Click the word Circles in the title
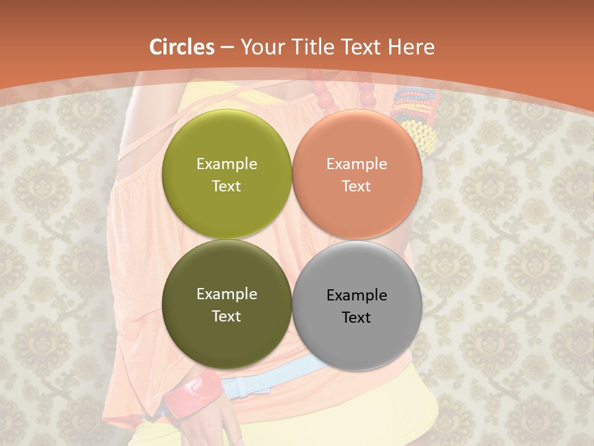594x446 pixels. click(x=182, y=47)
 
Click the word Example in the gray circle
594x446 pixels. click(x=357, y=295)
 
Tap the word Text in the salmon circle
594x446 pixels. click(x=356, y=186)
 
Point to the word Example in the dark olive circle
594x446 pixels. click(x=226, y=294)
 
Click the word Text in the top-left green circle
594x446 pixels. click(x=226, y=186)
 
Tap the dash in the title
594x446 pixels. click(x=227, y=48)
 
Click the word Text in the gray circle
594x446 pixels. click(x=356, y=318)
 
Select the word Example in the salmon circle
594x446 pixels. click(x=357, y=164)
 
